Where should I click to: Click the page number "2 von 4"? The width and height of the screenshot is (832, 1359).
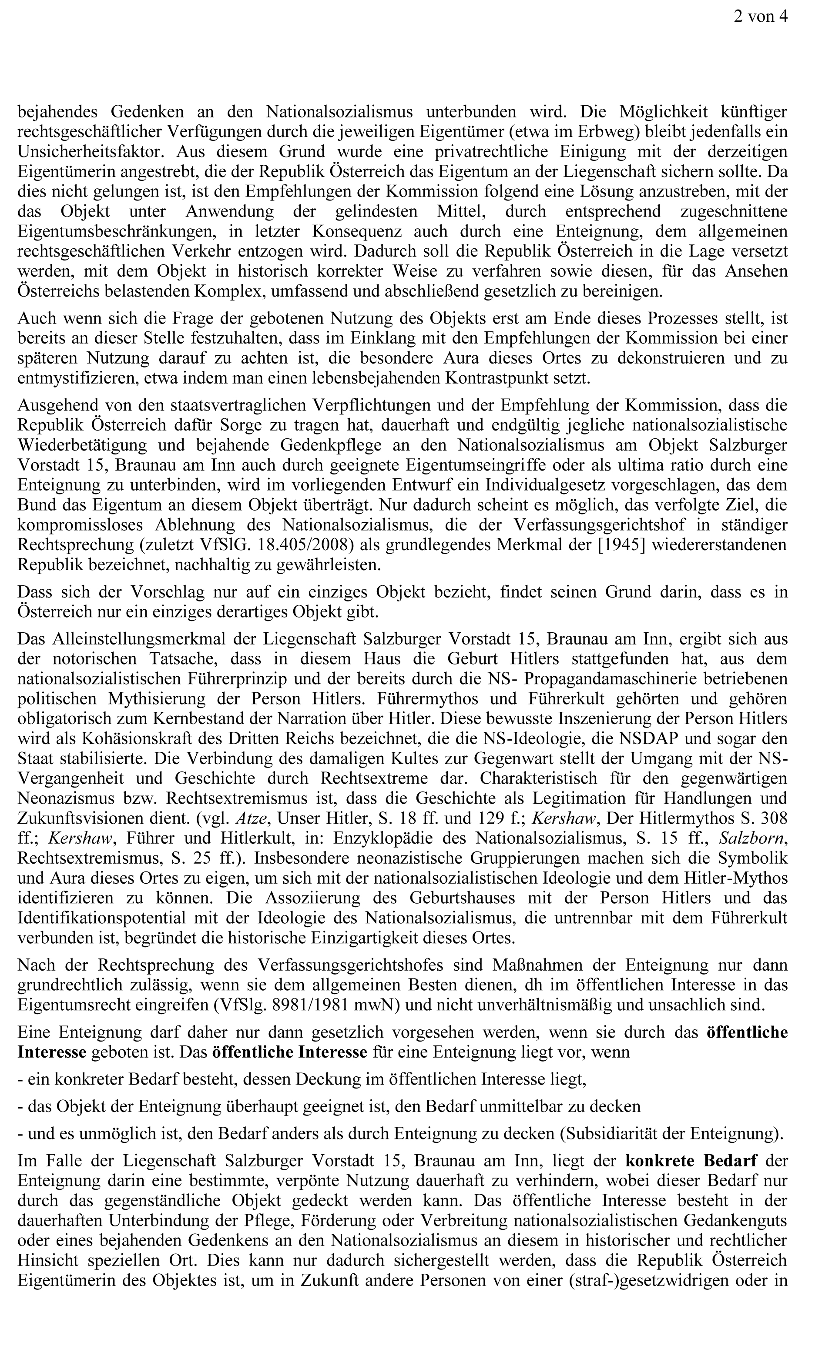pyautogui.click(x=760, y=17)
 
